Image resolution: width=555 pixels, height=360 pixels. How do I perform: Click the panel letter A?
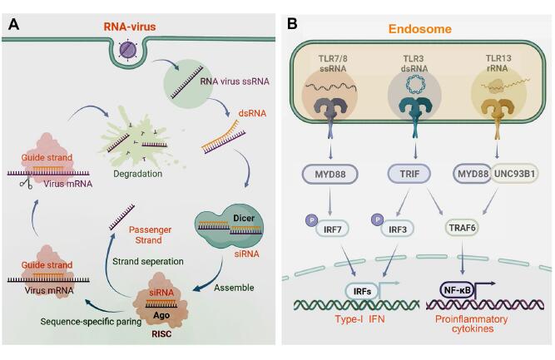pyautogui.click(x=14, y=24)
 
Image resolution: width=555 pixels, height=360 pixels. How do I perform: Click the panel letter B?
pyautogui.click(x=292, y=24)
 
